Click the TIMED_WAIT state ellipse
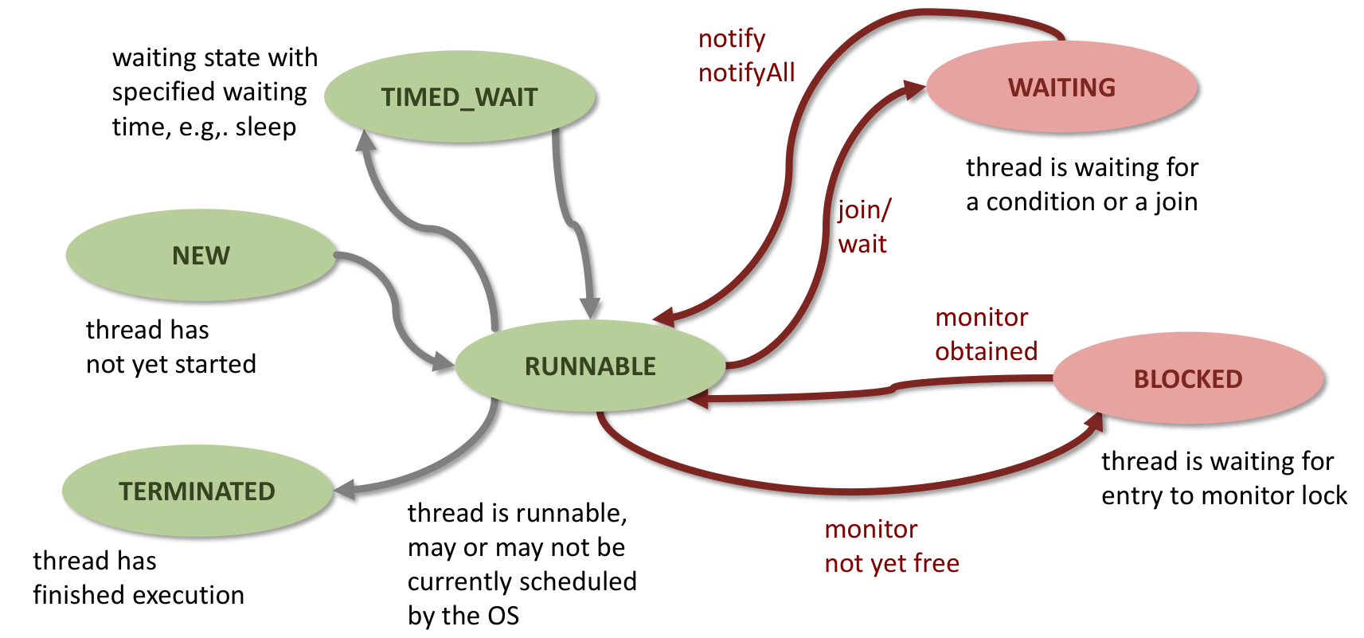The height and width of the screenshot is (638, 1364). [x=459, y=97]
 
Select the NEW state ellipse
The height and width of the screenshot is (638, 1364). [x=201, y=256]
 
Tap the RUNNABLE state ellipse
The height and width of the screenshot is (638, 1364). [x=590, y=366]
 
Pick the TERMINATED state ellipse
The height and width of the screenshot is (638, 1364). [x=197, y=491]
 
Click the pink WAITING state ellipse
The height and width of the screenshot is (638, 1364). [x=1061, y=88]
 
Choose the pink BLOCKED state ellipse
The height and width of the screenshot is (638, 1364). [x=1187, y=379]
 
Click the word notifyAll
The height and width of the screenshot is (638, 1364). [x=746, y=73]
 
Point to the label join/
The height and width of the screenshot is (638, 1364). [x=864, y=209]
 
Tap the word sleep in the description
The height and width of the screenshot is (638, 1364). [x=265, y=127]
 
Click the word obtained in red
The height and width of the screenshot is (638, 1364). [x=986, y=351]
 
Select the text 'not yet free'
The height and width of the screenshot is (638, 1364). [x=891, y=564]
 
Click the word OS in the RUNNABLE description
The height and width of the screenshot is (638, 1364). [x=502, y=616]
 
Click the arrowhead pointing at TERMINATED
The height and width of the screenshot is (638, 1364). [x=345, y=490]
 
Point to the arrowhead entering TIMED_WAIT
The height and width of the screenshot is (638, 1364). [x=365, y=141]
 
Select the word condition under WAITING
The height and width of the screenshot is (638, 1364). [x=1040, y=202]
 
